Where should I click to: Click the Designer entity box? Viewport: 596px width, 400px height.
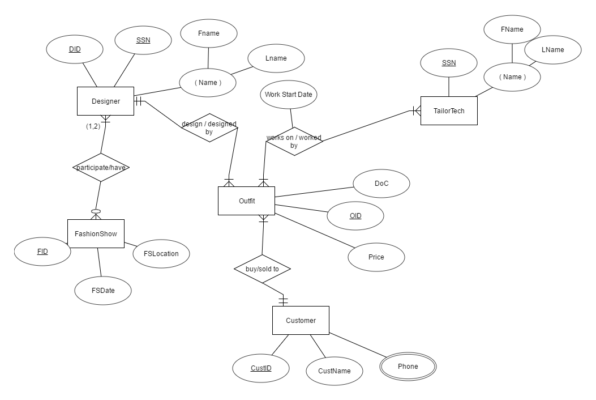105,101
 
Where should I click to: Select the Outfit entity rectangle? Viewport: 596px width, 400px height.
246,201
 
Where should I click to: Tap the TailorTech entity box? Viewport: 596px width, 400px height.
449,111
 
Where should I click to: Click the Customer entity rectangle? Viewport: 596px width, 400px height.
301,321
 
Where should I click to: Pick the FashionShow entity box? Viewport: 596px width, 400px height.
96,233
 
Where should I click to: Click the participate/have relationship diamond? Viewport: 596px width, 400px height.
101,167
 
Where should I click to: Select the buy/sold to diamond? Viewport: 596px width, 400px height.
263,269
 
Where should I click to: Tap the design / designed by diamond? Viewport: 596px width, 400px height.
209,127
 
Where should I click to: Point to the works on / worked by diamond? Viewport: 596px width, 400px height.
294,141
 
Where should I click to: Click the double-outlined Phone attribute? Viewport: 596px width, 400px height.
408,367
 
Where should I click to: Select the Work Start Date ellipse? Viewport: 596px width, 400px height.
289,95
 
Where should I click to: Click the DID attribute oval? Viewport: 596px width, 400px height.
75,49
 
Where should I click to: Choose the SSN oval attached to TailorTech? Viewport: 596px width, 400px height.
448,63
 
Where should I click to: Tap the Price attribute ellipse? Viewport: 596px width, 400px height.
376,257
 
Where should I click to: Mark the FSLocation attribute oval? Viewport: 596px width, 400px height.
161,254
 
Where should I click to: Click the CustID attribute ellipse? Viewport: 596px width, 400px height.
261,368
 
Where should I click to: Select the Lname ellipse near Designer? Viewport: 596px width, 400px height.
276,58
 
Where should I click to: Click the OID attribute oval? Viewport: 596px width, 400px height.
355,216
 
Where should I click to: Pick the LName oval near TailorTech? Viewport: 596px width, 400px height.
552,50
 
